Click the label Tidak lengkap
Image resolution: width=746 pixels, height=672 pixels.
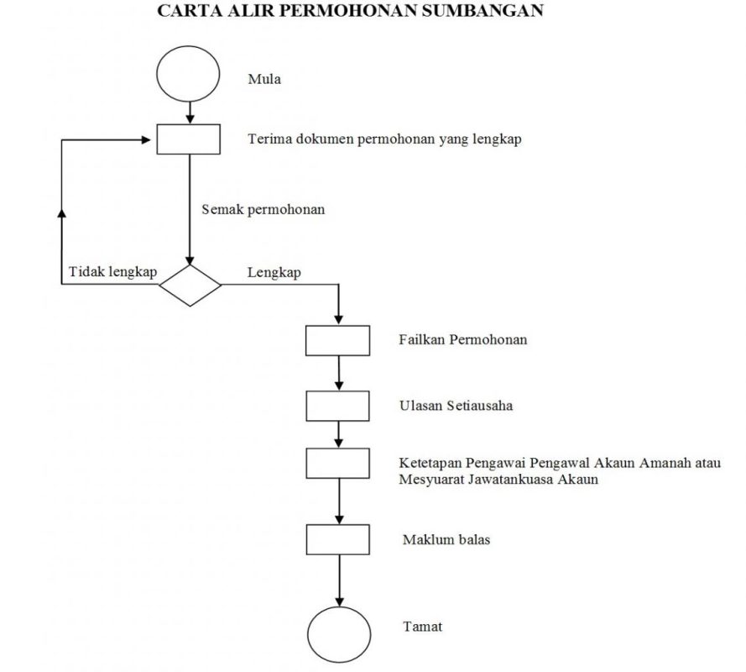point(112,272)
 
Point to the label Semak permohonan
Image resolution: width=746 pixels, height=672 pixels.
point(263,209)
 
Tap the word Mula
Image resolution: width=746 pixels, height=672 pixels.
point(264,79)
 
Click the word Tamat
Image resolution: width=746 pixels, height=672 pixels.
point(422,627)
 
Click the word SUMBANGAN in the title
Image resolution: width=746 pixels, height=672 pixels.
point(483,10)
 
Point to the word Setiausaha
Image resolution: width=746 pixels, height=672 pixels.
point(480,405)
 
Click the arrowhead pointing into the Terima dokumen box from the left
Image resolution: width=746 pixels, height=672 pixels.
point(147,139)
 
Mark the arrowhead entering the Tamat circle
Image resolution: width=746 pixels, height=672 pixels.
point(339,601)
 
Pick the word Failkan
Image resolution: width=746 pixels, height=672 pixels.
point(422,339)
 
